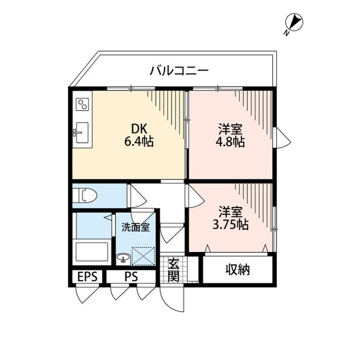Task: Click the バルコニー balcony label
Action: click(179, 71)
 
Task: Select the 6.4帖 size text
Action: click(139, 142)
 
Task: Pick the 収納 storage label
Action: click(238, 269)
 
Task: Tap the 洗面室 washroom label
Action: click(135, 228)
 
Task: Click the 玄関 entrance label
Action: click(173, 269)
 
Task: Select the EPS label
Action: click(87, 277)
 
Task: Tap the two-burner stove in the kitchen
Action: click(83, 105)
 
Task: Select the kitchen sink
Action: click(81, 133)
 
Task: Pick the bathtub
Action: click(92, 250)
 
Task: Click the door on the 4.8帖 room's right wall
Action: click(281, 137)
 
